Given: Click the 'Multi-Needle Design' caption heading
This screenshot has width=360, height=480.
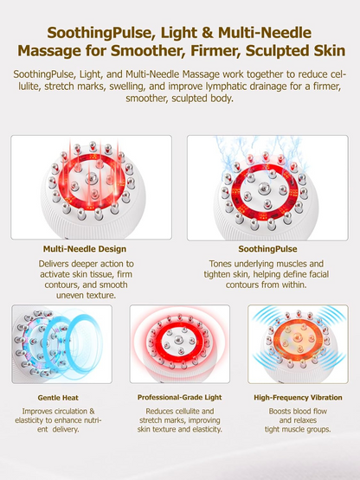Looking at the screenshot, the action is click(85, 249).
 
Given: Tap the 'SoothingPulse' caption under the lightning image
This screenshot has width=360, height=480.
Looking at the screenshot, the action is click(267, 249).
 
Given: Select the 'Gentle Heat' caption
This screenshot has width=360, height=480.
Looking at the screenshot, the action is click(58, 398).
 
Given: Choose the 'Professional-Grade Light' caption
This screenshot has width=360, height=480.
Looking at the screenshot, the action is click(179, 397).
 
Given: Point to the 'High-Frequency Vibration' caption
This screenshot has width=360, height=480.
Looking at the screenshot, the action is click(298, 398).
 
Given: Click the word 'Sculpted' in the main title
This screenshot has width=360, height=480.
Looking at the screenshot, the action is click(280, 51).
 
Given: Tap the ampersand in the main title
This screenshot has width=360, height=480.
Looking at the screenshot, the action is click(208, 33).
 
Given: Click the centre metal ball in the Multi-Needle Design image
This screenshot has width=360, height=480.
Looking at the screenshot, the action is click(92, 177).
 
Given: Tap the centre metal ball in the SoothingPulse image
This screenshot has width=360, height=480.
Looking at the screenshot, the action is click(265, 188).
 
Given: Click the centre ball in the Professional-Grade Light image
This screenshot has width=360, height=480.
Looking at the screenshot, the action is click(177, 340).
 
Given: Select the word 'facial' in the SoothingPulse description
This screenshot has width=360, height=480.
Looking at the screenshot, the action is click(318, 274).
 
